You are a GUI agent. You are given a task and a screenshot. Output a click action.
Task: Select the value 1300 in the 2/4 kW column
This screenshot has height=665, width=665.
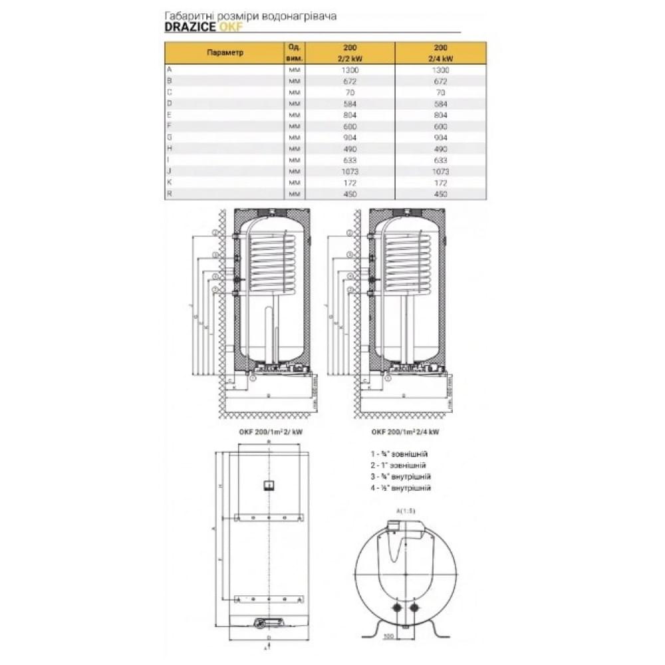coord(440,70)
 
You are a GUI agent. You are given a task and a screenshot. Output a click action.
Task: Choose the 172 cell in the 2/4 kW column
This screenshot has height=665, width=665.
coord(440,182)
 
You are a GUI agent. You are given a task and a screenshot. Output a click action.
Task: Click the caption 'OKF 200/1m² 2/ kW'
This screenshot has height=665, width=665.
coord(269,430)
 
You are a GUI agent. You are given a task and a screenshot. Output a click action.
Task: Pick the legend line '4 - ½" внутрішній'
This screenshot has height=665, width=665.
coord(401,487)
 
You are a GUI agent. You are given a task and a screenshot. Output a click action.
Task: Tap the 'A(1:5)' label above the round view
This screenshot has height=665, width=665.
coord(405,510)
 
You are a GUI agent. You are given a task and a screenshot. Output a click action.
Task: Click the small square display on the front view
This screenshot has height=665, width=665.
coord(268,484)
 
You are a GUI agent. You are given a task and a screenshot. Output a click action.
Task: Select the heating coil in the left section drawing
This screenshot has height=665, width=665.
coord(271,263)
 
